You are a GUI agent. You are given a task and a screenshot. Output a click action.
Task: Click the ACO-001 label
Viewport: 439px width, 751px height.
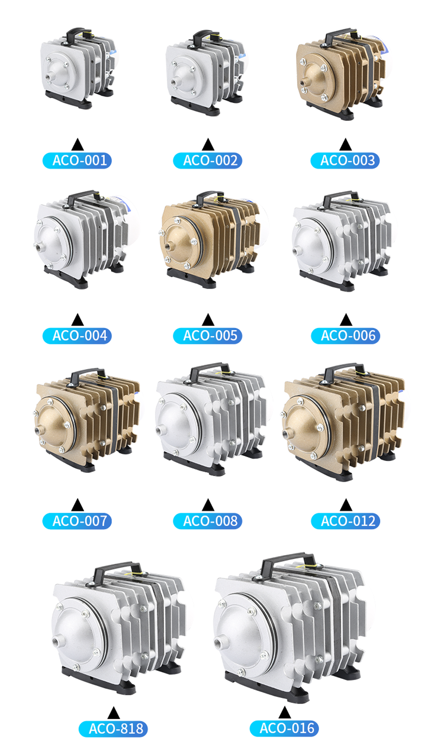[x=77, y=160]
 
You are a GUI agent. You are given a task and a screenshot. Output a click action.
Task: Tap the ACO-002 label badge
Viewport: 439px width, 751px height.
[x=207, y=160]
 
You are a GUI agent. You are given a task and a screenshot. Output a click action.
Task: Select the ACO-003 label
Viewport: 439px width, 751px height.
[x=345, y=160]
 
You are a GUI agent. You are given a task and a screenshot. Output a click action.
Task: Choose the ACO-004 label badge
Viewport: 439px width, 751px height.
[x=77, y=336]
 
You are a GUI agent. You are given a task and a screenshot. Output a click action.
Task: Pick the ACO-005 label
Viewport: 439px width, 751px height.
[x=207, y=336]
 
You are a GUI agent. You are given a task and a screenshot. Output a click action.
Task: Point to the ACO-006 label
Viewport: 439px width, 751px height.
[x=346, y=336]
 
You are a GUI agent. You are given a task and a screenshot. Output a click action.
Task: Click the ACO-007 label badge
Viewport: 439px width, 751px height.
[x=77, y=521]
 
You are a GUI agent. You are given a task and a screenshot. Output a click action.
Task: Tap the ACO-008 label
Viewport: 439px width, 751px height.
[x=207, y=521]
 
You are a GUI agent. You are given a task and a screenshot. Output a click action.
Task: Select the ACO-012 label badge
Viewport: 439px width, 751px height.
[x=346, y=521]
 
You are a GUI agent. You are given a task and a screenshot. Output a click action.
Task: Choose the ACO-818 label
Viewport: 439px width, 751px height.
[x=113, y=729]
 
